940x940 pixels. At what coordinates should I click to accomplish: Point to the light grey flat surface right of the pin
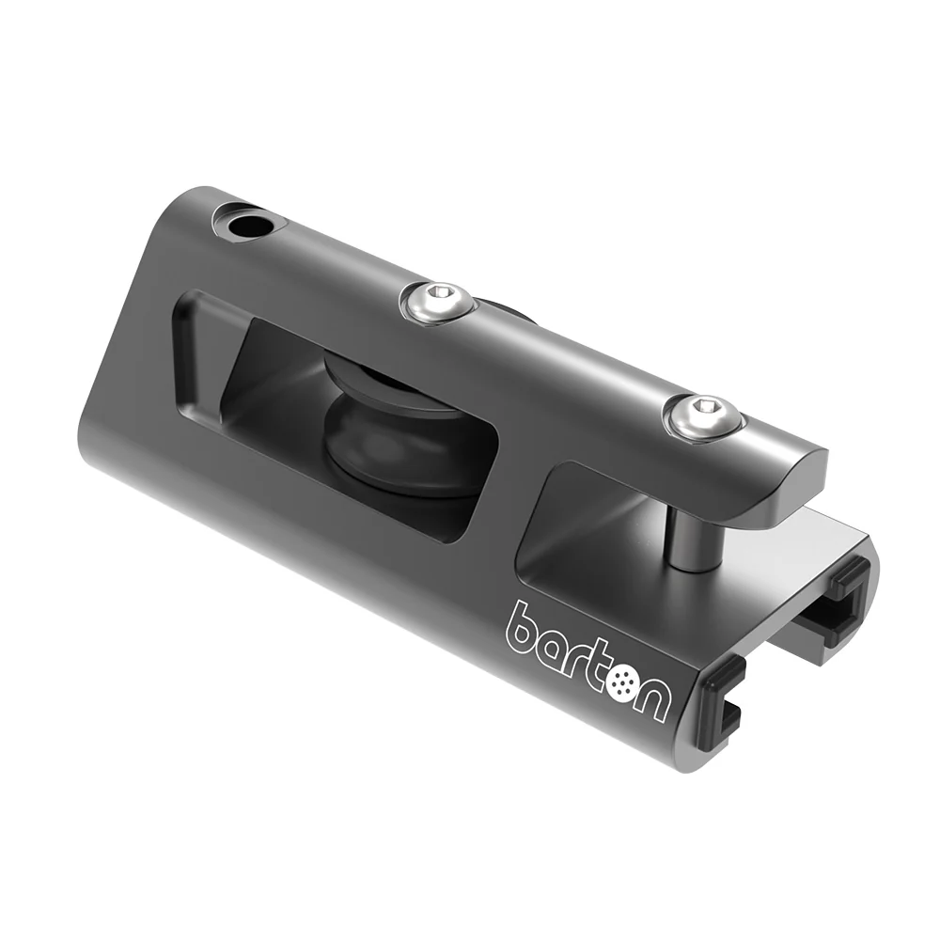point(771,555)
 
